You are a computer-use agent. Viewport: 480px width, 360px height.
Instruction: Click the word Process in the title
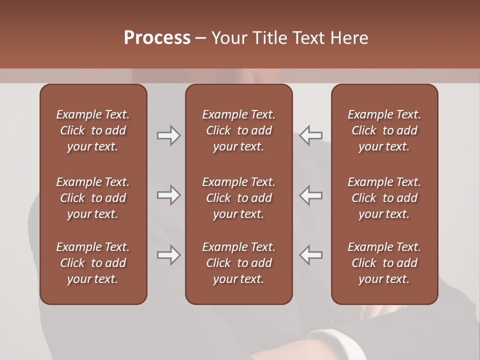[x=157, y=38]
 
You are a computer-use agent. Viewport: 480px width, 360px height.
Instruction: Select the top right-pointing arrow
[x=168, y=135]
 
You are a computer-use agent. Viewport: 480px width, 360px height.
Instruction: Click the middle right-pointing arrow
[x=168, y=195]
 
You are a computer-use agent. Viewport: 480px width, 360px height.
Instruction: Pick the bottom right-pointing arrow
[x=168, y=255]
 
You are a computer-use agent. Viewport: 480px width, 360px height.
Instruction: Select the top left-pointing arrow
[x=311, y=135]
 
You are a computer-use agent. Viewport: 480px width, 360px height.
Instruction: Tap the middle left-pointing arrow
[x=311, y=195]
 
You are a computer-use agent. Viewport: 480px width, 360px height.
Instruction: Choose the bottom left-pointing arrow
[x=311, y=255]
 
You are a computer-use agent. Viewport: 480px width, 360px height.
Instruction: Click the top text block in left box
[x=93, y=130]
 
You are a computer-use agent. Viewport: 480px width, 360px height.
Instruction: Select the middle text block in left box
[x=93, y=198]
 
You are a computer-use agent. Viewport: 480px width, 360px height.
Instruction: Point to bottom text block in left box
[x=93, y=263]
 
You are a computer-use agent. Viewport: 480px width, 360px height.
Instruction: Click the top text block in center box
[x=239, y=130]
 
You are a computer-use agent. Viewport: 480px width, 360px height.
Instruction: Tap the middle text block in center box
[x=239, y=198]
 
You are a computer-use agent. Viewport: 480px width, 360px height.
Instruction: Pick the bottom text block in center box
[x=239, y=263]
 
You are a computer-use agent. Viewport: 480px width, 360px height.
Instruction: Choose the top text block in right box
[x=384, y=130]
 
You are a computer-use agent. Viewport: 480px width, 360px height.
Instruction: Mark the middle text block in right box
[x=384, y=198]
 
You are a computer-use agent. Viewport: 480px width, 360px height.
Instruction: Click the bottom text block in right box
[x=384, y=263]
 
